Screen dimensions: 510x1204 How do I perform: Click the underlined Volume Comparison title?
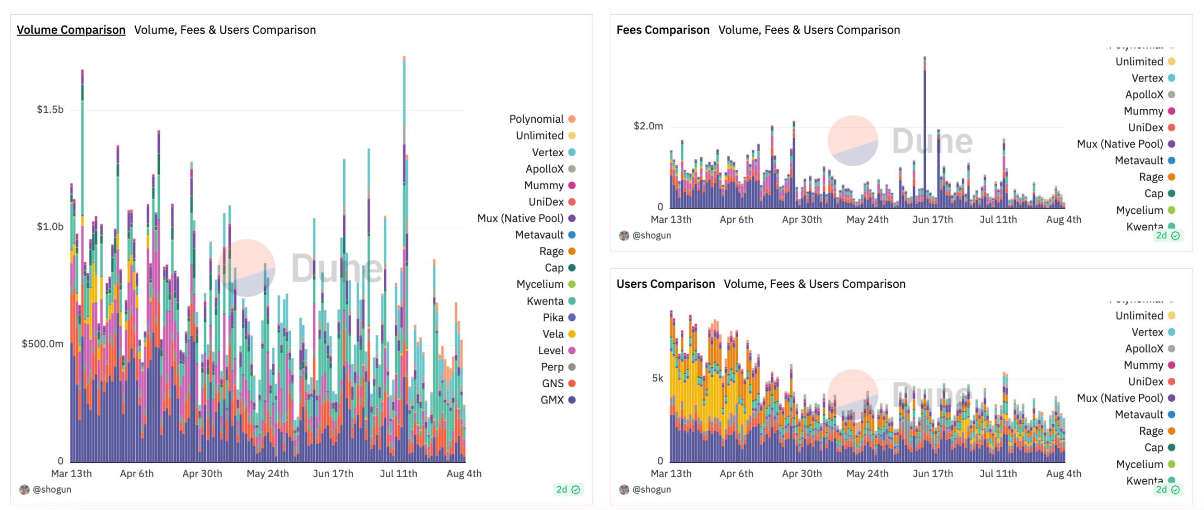click(x=71, y=30)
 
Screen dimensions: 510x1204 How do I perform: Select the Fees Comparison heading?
click(x=663, y=30)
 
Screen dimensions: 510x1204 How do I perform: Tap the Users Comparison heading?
click(x=665, y=284)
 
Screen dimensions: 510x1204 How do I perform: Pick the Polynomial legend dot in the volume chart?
click(x=572, y=119)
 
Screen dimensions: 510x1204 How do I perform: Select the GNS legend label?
click(x=552, y=384)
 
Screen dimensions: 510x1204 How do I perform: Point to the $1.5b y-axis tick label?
click(x=50, y=109)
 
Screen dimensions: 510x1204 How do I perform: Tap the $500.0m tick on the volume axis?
click(x=42, y=343)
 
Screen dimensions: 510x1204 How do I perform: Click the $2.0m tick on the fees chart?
click(x=648, y=126)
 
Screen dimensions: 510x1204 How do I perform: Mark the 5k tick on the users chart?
click(x=657, y=378)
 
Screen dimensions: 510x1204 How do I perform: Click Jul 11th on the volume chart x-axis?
click(x=398, y=473)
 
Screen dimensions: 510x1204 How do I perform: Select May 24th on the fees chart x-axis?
click(x=867, y=219)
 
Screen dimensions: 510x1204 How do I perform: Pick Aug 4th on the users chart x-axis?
click(x=1064, y=473)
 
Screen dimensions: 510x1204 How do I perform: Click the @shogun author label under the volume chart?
click(x=52, y=490)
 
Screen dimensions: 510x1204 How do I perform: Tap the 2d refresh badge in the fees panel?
click(x=1167, y=236)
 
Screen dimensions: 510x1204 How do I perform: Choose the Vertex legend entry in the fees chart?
click(x=1147, y=78)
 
